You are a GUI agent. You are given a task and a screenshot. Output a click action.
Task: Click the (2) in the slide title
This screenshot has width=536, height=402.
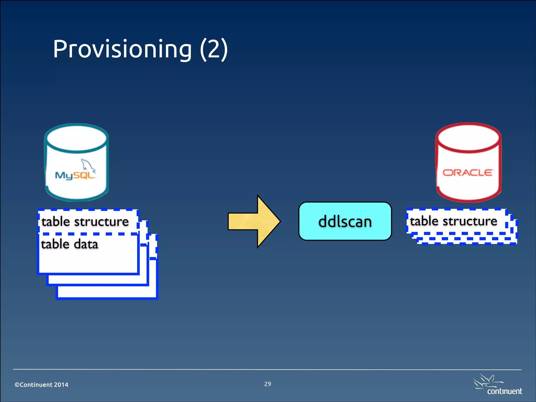214,49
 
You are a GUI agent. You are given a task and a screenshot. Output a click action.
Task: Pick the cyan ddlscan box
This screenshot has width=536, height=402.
345,221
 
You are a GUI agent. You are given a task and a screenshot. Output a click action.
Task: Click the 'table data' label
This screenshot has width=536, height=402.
70,244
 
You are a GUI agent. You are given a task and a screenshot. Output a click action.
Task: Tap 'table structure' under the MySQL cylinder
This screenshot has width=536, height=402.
85,222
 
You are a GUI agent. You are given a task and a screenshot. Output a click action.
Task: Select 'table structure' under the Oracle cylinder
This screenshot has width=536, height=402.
453,221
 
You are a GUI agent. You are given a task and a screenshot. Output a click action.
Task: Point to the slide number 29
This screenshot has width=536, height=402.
267,384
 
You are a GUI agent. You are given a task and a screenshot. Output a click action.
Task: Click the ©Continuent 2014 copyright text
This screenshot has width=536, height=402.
41,385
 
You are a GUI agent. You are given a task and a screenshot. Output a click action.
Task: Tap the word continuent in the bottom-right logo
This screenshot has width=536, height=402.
504,391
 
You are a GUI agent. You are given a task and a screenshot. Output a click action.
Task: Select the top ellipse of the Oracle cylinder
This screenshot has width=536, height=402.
468,137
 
